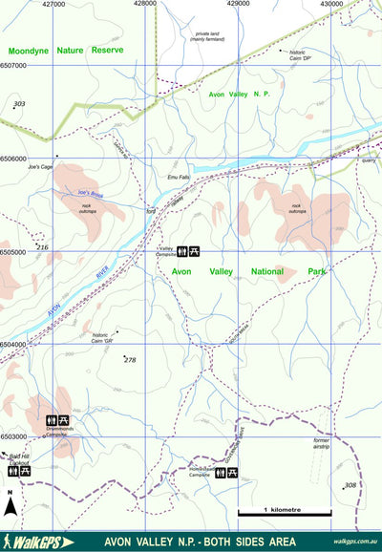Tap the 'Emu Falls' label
(x=179, y=178)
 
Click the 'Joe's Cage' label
(x=39, y=166)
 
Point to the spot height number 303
(x=20, y=103)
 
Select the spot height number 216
(x=41, y=247)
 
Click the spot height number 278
(x=130, y=359)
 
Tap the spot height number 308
(x=350, y=485)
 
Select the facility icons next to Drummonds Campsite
(x=57, y=420)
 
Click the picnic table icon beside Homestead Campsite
(x=233, y=473)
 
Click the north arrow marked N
(x=10, y=502)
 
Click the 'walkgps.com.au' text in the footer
(x=355, y=541)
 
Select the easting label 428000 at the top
(x=145, y=4)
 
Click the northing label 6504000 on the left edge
(x=14, y=345)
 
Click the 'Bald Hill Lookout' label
(x=20, y=460)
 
